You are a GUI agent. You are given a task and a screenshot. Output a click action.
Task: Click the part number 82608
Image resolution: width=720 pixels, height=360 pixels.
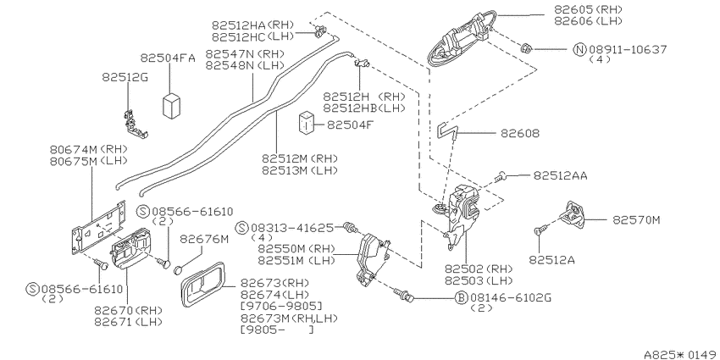pyautogui.click(x=520, y=134)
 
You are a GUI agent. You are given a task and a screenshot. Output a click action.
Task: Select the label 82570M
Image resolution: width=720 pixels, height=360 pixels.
pyautogui.click(x=636, y=220)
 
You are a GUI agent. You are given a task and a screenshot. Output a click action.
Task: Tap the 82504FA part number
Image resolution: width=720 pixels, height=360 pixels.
pyautogui.click(x=168, y=58)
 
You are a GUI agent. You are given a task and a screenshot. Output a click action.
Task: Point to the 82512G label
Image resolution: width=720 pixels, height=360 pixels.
pyautogui.click(x=125, y=78)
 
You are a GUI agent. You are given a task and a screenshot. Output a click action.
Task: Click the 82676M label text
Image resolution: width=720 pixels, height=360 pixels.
pyautogui.click(x=204, y=239)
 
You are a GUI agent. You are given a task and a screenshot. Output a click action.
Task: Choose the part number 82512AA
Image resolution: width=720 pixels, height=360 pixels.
pyautogui.click(x=560, y=175)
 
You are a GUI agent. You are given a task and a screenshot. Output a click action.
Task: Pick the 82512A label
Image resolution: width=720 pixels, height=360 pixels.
pyautogui.click(x=552, y=260)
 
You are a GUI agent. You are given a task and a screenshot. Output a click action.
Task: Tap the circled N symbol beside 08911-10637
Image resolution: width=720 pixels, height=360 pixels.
pyautogui.click(x=580, y=49)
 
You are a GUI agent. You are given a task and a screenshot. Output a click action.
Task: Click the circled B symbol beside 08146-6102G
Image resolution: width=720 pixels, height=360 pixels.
pyautogui.click(x=461, y=298)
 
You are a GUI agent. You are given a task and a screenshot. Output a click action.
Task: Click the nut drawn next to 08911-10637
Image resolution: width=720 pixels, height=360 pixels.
pyautogui.click(x=527, y=47)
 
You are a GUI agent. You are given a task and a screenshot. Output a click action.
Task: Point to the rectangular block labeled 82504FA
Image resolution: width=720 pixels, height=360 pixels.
pyautogui.click(x=171, y=106)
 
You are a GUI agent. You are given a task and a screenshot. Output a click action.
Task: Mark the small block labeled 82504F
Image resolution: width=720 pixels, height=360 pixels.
pyautogui.click(x=307, y=123)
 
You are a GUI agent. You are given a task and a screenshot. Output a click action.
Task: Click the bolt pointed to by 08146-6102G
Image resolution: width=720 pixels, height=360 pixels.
pyautogui.click(x=402, y=296)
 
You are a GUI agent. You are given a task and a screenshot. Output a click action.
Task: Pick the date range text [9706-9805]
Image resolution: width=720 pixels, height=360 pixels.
pyautogui.click(x=281, y=307)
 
